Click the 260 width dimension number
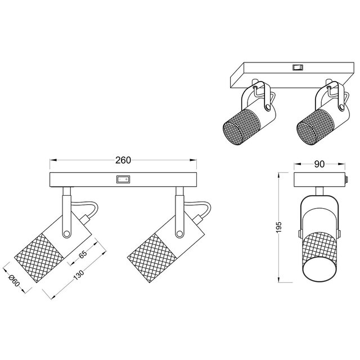[x=123, y=160]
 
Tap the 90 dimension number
[x=319, y=164]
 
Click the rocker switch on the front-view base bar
[x=122, y=180]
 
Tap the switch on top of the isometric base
[x=296, y=67]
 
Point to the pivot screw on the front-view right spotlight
[x=179, y=233]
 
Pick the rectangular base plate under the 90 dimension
[x=319, y=180]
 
